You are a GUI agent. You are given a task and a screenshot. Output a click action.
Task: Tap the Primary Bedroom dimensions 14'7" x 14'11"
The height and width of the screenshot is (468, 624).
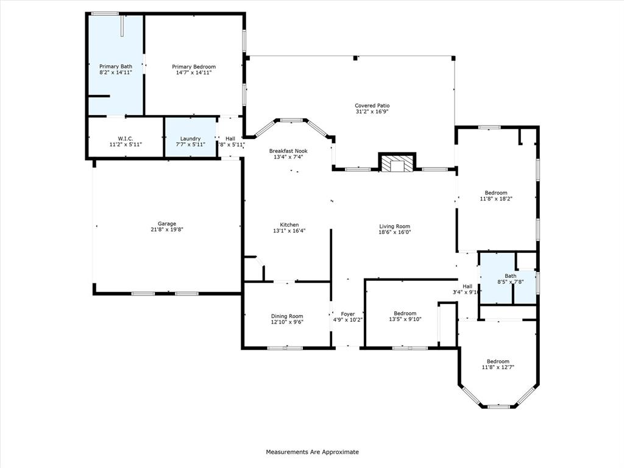(x=194, y=73)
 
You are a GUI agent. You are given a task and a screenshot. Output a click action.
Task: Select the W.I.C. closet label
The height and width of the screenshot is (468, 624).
(x=126, y=138)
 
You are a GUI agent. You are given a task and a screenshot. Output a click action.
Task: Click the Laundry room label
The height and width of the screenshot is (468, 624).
(x=190, y=138)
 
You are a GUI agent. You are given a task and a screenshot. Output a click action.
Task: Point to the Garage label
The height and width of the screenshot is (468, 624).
(x=167, y=224)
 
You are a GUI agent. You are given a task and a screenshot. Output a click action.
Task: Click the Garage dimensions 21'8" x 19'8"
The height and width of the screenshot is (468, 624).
(x=167, y=230)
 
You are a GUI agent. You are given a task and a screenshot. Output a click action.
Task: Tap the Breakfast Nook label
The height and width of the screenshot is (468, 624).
(x=288, y=151)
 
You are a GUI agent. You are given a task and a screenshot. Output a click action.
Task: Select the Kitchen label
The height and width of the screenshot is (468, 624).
(x=289, y=225)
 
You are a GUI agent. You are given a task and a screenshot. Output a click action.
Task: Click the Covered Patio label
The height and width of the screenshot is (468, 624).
(x=372, y=105)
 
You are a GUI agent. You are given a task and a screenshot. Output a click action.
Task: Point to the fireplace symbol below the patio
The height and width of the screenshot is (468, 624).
(x=397, y=163)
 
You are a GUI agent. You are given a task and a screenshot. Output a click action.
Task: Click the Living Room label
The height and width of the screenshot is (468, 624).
(x=395, y=226)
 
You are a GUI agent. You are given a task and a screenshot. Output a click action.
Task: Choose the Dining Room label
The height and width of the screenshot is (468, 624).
(x=287, y=316)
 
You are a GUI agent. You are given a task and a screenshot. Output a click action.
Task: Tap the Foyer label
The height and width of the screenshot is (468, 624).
(x=348, y=314)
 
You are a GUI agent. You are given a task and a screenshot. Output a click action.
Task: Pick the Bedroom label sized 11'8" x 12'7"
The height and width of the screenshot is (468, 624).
(x=495, y=361)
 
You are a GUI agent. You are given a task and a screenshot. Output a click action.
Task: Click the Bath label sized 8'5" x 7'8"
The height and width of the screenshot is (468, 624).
(x=494, y=275)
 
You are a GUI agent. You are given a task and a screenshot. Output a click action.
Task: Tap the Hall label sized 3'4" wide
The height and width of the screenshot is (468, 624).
(x=467, y=286)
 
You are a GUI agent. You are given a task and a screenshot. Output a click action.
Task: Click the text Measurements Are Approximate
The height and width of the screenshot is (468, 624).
(x=312, y=452)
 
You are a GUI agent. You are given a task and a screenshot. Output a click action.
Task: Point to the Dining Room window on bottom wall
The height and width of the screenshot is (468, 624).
(x=285, y=348)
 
